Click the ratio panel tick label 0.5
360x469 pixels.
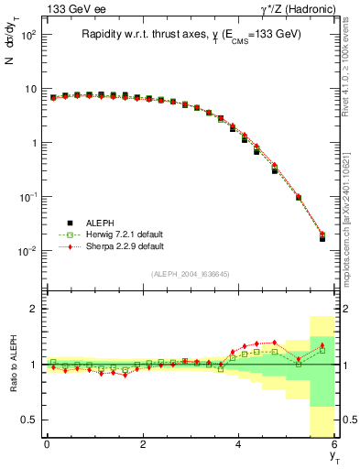[28, 420]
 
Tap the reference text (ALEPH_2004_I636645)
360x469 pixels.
[190, 274]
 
